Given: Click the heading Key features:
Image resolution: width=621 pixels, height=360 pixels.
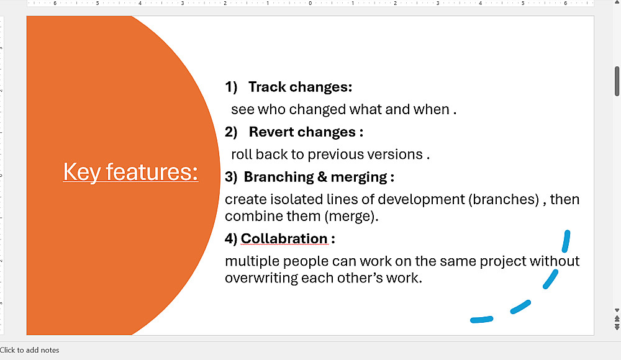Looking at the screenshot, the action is (130, 173).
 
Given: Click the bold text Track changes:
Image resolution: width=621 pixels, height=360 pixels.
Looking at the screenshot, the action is (300, 87).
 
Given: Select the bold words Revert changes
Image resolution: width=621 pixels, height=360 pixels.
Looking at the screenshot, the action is (302, 132).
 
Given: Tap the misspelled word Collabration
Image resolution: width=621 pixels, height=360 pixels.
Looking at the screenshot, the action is (284, 238).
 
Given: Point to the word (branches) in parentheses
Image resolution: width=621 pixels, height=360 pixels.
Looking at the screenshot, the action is (504, 199).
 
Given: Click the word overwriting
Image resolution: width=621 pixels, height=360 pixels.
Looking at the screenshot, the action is (261, 278).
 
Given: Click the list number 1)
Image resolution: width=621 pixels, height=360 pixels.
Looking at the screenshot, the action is (231, 87).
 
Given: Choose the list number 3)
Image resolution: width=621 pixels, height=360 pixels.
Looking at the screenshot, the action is (231, 177).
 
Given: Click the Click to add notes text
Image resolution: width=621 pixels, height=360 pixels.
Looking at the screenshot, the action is (29, 350).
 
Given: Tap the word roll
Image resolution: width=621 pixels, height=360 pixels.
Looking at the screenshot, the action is (241, 155).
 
